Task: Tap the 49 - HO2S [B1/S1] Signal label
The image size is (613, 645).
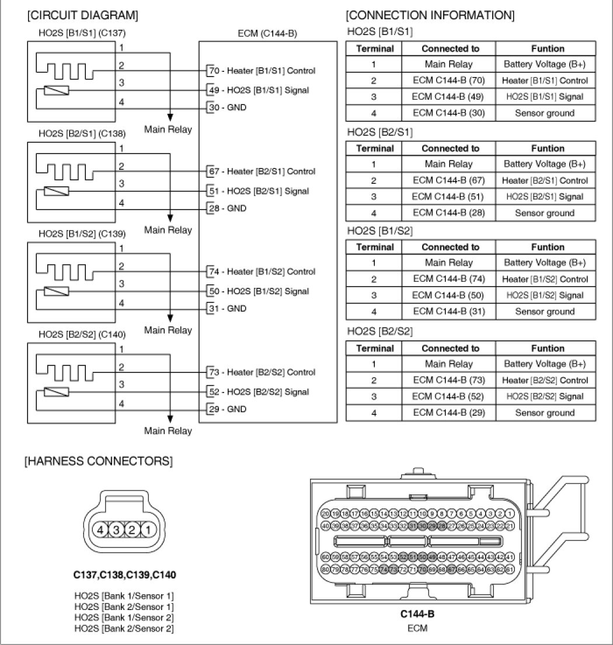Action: point(259,90)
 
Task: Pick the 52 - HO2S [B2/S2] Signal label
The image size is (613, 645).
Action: point(259,392)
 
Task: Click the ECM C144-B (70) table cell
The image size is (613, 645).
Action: point(450,81)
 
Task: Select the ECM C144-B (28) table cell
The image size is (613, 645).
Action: point(450,213)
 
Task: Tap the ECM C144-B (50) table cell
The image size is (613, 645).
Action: point(450,295)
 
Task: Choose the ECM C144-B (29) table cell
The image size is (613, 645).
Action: point(450,413)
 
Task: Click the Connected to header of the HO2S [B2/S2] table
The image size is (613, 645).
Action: point(450,348)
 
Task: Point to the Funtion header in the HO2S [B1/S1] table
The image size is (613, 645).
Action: point(547,49)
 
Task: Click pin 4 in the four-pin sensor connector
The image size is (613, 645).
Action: point(100,530)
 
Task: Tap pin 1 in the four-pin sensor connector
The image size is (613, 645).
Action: point(148,530)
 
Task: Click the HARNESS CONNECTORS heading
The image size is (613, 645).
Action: point(98,462)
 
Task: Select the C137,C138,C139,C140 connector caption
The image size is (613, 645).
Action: point(124,575)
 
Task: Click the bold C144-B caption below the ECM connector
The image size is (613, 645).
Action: point(417,614)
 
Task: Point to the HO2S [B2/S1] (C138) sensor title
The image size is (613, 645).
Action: point(82,134)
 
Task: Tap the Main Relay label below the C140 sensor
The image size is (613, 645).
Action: point(168,431)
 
